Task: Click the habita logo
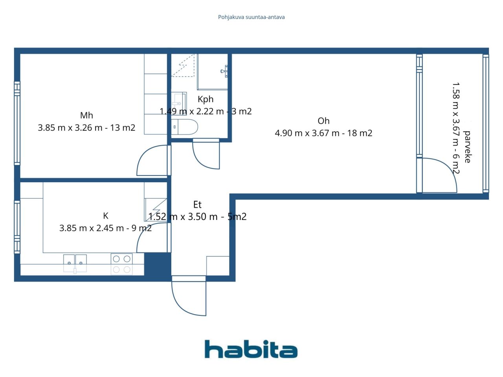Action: point(251,349)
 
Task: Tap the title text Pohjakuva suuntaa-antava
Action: point(251,17)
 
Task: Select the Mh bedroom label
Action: point(86,115)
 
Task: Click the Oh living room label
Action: point(323,121)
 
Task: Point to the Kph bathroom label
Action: point(206,99)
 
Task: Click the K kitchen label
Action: point(105,216)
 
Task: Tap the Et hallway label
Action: point(197,205)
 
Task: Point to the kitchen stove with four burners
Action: point(121,264)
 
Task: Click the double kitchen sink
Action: point(75,263)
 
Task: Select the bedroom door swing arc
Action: point(151,161)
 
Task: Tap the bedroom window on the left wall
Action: point(17,123)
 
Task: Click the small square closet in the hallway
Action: point(218,266)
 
